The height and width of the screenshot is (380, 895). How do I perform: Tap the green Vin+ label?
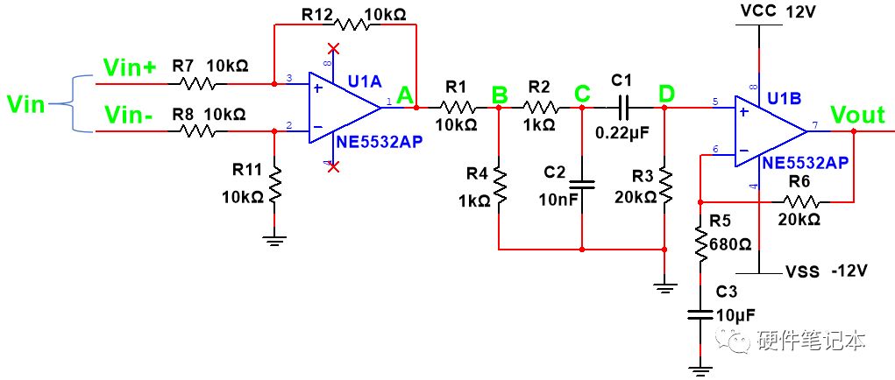tap(130, 67)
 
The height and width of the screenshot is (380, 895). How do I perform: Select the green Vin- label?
tap(127, 116)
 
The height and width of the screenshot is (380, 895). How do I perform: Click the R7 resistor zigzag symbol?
tap(197, 84)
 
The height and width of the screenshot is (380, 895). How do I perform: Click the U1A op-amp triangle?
tap(345, 108)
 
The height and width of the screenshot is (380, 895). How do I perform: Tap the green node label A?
tap(406, 96)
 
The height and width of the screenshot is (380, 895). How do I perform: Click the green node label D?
tap(665, 95)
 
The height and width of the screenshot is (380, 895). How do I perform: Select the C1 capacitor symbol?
tap(623, 107)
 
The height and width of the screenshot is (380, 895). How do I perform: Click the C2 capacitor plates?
tap(582, 184)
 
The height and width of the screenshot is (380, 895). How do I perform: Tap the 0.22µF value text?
tap(622, 133)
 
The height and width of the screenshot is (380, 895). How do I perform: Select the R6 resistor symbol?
tap(802, 201)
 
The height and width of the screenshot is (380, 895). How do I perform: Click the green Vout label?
tap(857, 115)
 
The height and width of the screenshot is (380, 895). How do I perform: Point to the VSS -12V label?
tap(827, 271)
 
